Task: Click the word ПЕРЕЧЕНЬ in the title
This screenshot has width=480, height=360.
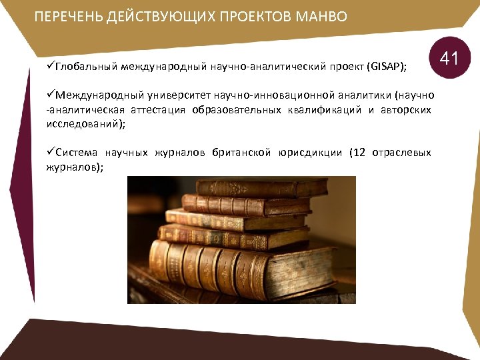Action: [66, 17]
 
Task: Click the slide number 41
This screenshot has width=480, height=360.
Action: [449, 59]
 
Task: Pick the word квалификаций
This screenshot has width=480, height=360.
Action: [321, 109]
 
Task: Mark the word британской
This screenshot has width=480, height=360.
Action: [241, 153]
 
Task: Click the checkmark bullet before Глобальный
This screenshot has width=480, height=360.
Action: [51, 67]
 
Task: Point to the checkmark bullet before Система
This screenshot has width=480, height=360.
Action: [51, 153]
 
